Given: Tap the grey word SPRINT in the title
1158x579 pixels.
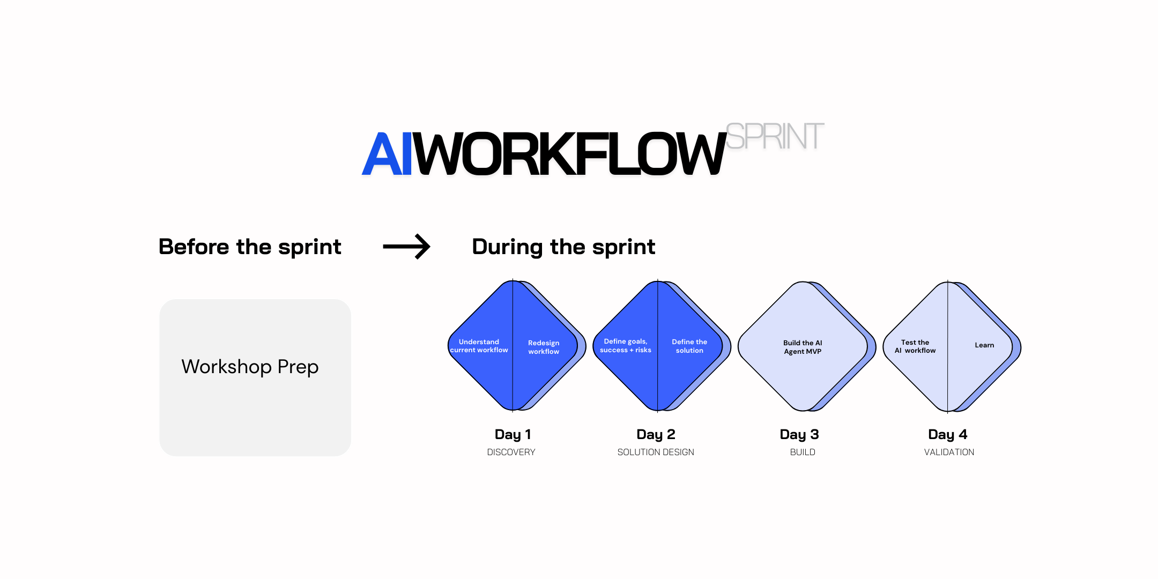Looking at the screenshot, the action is click(775, 136).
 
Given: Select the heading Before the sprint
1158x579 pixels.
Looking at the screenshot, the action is click(250, 247).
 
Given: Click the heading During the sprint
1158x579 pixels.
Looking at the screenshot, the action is click(563, 247).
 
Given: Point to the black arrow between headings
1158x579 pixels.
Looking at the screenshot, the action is click(406, 247).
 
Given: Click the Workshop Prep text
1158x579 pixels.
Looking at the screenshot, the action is click(250, 367).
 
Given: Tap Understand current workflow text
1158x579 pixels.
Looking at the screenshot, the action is click(479, 346).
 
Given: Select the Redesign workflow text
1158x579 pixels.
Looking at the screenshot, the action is click(544, 347).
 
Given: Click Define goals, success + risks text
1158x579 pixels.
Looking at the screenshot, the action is click(626, 346).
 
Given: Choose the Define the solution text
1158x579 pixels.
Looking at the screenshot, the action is click(689, 346).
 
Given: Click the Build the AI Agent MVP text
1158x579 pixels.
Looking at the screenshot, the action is click(803, 347).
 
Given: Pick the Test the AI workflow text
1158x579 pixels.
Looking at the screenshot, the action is click(915, 346).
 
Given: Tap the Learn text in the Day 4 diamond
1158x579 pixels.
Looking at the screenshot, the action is click(984, 345).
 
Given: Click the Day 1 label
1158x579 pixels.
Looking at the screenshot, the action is click(513, 434).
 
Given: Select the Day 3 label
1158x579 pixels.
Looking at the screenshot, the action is click(799, 434).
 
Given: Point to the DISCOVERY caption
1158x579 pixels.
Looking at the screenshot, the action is click(511, 452).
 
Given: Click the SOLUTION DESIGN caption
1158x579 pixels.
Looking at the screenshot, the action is click(656, 452).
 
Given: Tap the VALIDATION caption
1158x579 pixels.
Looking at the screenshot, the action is click(949, 452).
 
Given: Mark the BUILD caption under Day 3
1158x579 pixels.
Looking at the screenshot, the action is click(803, 452).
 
